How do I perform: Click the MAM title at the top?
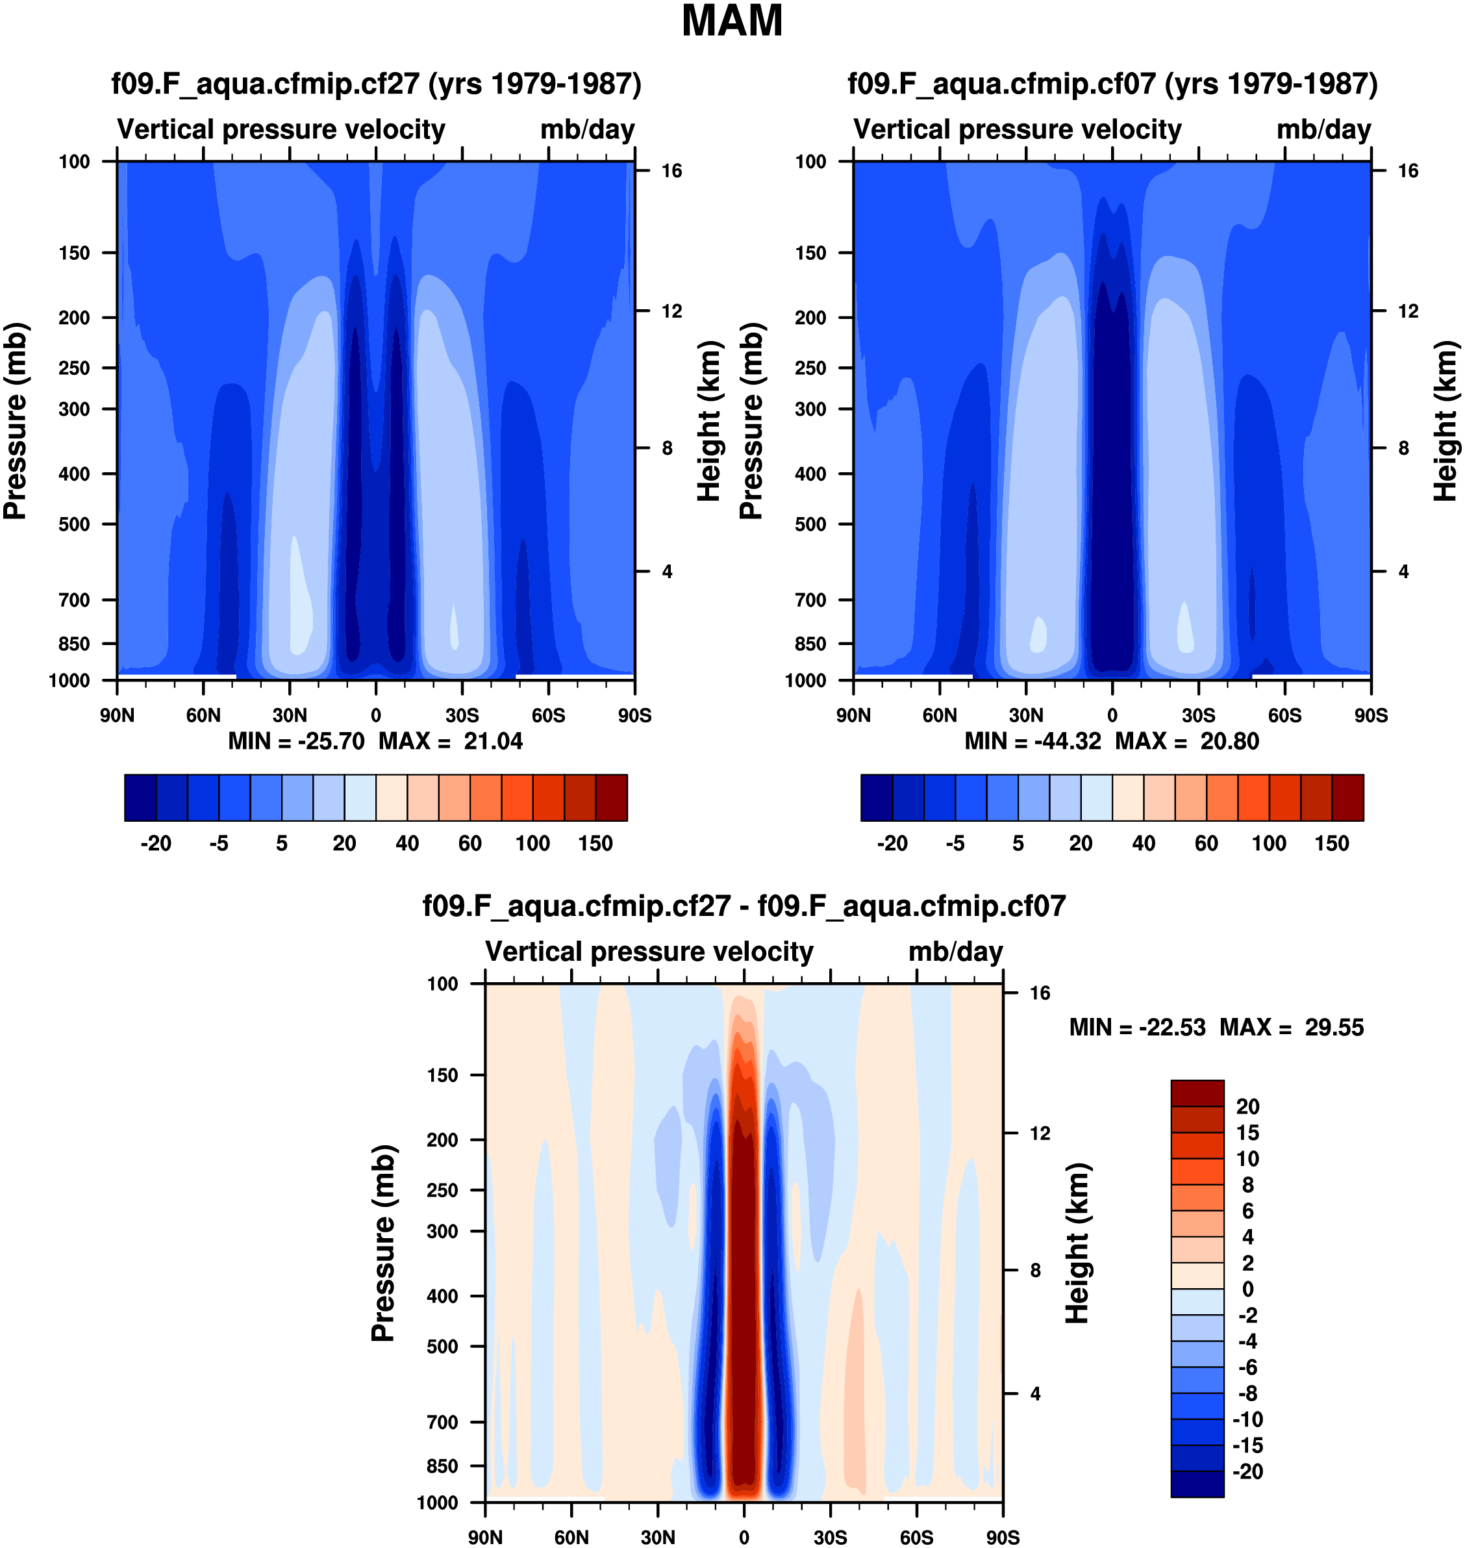pos(732,21)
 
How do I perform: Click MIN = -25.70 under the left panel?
pos(296,741)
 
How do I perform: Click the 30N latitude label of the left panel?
pos(290,715)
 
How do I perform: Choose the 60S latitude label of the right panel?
pos(1284,715)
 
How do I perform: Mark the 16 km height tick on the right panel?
pos(1408,171)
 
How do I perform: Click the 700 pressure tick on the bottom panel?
pos(442,1422)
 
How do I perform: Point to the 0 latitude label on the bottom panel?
pos(744,1538)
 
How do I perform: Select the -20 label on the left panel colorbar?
pos(157,844)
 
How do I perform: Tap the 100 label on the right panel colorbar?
pos(1269,844)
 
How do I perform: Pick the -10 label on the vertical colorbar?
pos(1247,1419)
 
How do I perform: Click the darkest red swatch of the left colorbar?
pos(612,798)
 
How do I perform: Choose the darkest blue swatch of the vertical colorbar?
pos(1197,1483)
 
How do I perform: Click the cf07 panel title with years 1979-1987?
pos(1113,84)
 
